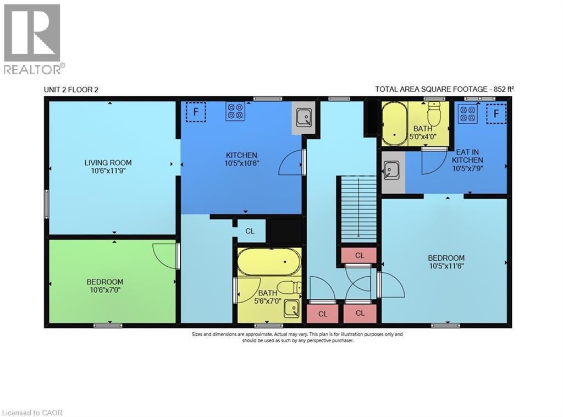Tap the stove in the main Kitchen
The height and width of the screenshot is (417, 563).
pyautogui.click(x=235, y=112)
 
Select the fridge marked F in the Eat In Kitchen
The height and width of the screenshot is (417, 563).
pyautogui.click(x=496, y=114)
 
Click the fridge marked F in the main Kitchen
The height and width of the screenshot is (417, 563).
pyautogui.click(x=195, y=112)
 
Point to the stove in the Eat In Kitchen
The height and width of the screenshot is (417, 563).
pyautogui.click(x=468, y=114)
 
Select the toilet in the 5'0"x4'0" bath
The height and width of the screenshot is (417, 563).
pyautogui.click(x=435, y=117)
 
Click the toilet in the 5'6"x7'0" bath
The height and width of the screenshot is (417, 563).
pyautogui.click(x=288, y=287)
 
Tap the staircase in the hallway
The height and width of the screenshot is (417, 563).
pyautogui.click(x=358, y=209)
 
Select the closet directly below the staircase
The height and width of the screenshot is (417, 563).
pyautogui.click(x=359, y=255)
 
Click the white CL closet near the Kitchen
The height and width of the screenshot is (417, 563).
pyautogui.click(x=250, y=231)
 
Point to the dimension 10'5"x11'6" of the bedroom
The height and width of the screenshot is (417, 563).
pyautogui.click(x=446, y=266)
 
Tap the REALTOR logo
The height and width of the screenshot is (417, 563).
pyautogui.click(x=32, y=39)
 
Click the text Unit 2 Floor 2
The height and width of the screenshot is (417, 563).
pyautogui.click(x=71, y=90)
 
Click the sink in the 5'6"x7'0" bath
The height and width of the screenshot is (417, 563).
pyautogui.click(x=291, y=309)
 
